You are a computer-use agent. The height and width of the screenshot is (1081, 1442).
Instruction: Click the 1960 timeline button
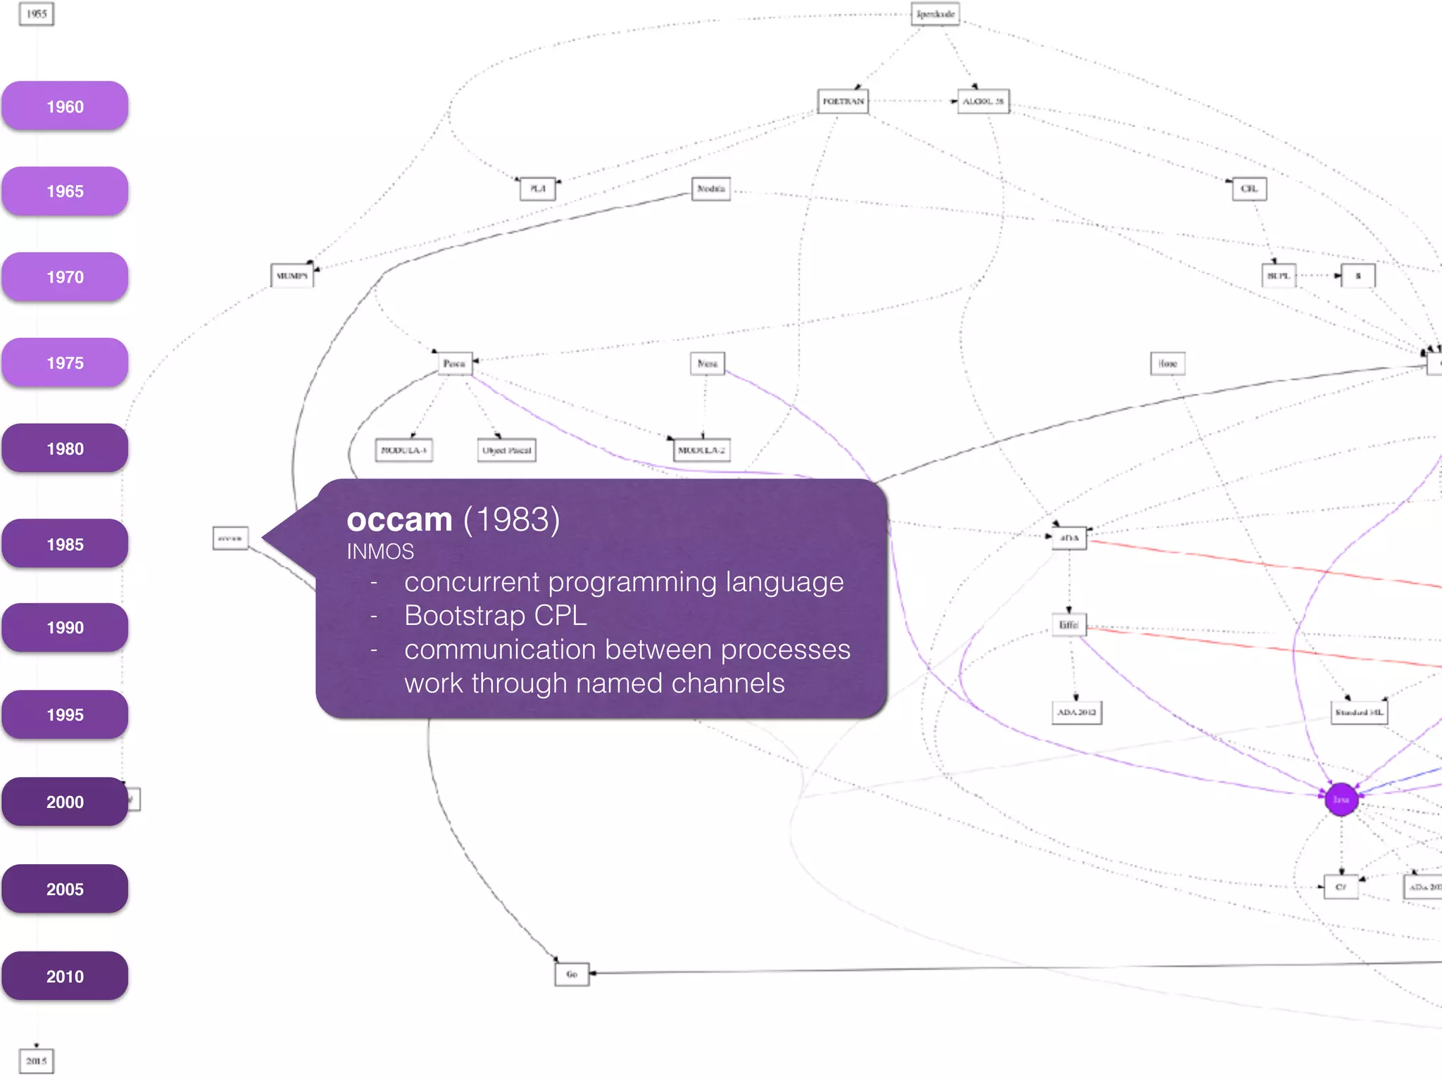coord(65,106)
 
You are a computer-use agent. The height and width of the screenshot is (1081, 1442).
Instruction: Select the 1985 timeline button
coord(65,544)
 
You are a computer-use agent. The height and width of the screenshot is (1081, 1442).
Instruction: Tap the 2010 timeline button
coord(65,976)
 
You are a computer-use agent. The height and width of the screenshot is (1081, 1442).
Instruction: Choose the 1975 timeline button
coord(65,362)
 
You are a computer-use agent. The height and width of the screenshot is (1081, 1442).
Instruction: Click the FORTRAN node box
coord(843,101)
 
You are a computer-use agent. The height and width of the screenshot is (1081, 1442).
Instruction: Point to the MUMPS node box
coord(291,276)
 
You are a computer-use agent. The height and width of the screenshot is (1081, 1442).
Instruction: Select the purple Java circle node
coord(1341,799)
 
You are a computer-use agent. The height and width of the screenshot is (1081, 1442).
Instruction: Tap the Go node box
coord(572,974)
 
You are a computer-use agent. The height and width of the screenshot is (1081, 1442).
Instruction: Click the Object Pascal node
coord(506,450)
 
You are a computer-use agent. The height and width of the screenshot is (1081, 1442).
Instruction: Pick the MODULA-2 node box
coord(701,450)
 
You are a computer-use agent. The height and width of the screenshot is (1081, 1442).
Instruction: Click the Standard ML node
coord(1359,712)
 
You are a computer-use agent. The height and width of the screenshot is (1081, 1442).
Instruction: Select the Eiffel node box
coord(1069,625)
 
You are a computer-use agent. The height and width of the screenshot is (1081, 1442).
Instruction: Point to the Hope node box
coord(1167,363)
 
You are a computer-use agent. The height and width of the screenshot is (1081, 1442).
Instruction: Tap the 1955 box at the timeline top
coord(37,14)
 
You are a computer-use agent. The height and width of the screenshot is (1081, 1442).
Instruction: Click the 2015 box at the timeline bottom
coord(37,1061)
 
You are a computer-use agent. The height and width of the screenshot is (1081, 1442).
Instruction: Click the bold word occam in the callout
coord(399,520)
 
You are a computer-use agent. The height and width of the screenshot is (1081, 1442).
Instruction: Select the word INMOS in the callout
coord(380,552)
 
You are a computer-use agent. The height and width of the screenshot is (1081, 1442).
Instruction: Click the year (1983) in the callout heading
coord(511,520)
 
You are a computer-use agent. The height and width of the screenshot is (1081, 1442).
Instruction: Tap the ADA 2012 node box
coord(1077,712)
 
